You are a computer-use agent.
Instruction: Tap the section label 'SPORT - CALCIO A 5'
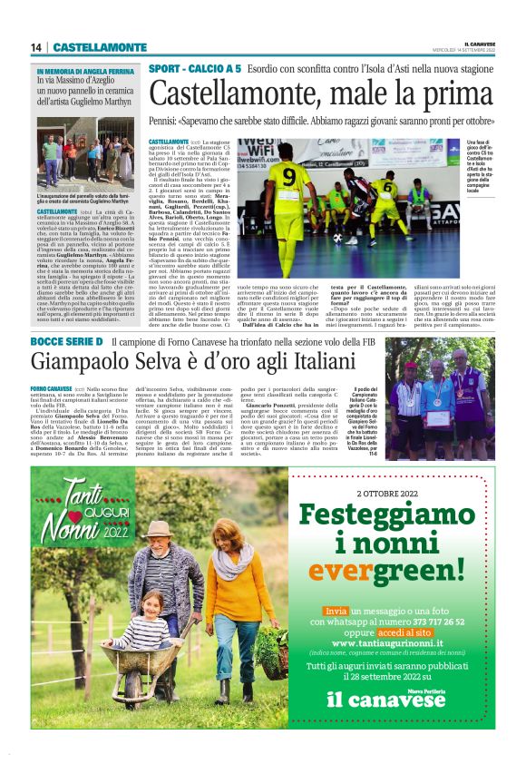point(195,69)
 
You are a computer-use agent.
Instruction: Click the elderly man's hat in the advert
point(161,528)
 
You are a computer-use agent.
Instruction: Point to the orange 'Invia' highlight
point(336,612)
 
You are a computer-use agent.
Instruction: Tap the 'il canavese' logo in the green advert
point(386,700)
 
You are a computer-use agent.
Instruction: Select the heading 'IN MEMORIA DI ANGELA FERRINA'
point(84,70)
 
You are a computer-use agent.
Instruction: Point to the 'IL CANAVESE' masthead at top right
point(479,43)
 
